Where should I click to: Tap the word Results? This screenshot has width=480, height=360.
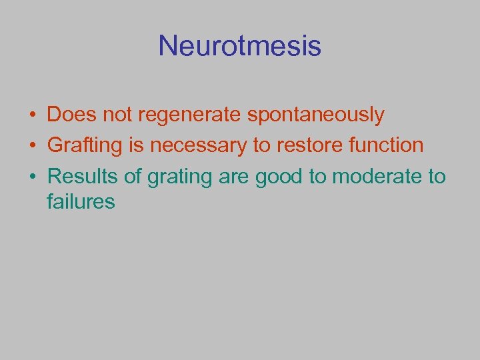(81, 176)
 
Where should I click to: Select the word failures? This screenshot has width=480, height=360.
(81, 201)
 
